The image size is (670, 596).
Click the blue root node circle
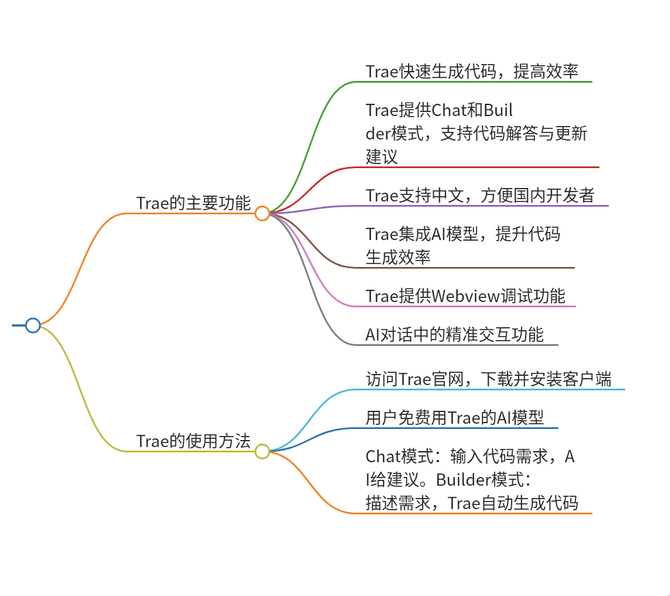(x=33, y=325)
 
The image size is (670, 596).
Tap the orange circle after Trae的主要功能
(x=262, y=213)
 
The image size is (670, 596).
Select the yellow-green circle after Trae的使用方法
(x=262, y=451)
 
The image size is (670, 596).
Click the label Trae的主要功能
(x=193, y=203)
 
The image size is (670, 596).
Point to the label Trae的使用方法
(x=193, y=441)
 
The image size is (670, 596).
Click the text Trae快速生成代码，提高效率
(x=472, y=71)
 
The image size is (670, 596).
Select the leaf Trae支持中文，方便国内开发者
(x=480, y=195)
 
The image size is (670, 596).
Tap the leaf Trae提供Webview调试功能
(x=465, y=296)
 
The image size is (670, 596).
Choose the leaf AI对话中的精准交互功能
(x=454, y=334)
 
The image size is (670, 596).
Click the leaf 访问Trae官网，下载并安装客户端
(x=488, y=379)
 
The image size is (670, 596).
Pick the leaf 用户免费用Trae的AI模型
(x=455, y=418)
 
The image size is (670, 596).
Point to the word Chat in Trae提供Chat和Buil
(x=450, y=110)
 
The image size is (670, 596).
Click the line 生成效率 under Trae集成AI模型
(x=398, y=257)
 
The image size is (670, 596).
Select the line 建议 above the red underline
(x=381, y=156)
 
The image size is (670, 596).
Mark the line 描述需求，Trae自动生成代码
(x=472, y=503)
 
